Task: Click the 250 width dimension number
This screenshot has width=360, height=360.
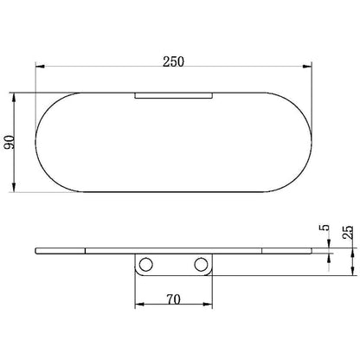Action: coord(173,61)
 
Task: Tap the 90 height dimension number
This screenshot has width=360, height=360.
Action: coord(10,142)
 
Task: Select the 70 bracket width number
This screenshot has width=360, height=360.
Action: coord(173,299)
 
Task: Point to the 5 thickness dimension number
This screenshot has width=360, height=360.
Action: coord(325,228)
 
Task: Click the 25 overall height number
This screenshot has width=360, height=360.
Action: coord(348,232)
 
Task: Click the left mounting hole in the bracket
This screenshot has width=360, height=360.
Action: coord(145,265)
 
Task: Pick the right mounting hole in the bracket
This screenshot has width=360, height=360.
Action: coord(201,265)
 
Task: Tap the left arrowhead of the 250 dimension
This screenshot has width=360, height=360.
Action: coord(40,67)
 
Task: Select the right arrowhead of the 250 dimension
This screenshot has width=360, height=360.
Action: coord(307,67)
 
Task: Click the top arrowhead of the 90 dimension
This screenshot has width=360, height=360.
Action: coord(14,98)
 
